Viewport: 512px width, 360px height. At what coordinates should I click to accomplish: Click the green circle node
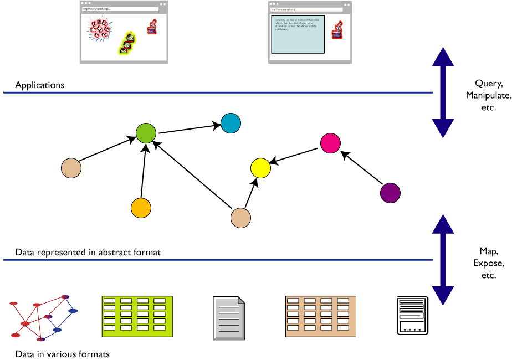[x=146, y=133]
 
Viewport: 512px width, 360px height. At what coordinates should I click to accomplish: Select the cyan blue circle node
[x=231, y=123]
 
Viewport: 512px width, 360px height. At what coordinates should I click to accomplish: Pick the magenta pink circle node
[x=330, y=143]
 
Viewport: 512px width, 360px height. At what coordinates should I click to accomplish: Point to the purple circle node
[x=390, y=193]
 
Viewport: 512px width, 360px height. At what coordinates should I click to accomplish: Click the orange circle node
[x=141, y=208]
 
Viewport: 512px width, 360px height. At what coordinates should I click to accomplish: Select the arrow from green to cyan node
[x=188, y=128]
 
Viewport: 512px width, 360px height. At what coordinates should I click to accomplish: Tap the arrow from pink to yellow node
[x=296, y=156]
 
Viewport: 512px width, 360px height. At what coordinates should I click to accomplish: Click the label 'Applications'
[x=39, y=85]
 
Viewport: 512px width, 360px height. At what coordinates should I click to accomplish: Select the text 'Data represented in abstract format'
[x=88, y=253]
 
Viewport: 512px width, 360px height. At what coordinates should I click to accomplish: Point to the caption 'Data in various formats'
[x=62, y=354]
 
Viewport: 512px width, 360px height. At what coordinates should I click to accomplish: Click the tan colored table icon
[x=320, y=317]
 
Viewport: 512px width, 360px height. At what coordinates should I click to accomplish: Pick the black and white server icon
[x=413, y=316]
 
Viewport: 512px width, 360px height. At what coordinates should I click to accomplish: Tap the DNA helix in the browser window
[x=127, y=43]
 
